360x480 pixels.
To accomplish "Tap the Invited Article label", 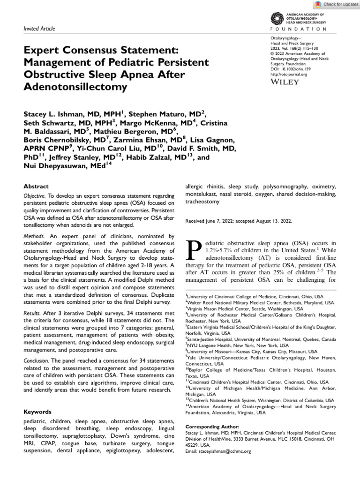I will pyautogui.click(x=39, y=29).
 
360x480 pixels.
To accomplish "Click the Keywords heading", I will pyautogui.click(x=37, y=412).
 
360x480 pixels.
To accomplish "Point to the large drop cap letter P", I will pyautogui.click(x=194, y=251).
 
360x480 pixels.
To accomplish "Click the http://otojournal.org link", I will pyautogui.click(x=289, y=74).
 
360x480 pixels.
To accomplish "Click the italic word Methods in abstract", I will pyautogui.click(x=34, y=236).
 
